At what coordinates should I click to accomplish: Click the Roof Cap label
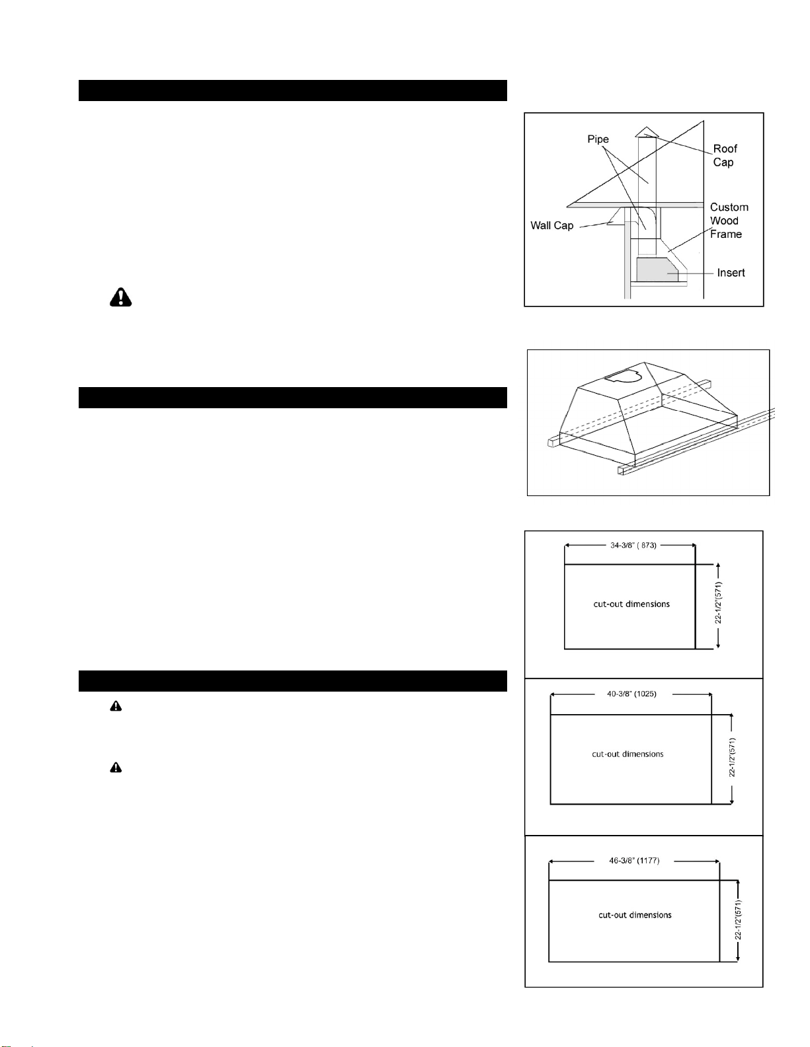pos(725,156)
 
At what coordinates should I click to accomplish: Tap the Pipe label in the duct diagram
pos(598,139)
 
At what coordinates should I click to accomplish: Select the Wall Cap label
pos(552,225)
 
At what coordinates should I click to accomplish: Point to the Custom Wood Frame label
pos(729,221)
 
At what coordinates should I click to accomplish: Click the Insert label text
pos(731,273)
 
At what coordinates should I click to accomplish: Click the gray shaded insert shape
pos(657,270)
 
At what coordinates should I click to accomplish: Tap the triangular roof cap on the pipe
pos(646,132)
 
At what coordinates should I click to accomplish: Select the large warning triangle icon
pos(120,297)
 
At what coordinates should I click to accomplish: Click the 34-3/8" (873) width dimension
pos(633,546)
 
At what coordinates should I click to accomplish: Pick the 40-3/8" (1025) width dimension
pos(631,694)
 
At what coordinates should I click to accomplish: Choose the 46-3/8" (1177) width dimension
pos(634,861)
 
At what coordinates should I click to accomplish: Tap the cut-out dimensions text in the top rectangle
pos(631,604)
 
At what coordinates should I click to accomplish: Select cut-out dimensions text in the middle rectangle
pos(628,754)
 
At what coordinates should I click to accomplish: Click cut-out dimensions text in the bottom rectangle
pos(635,915)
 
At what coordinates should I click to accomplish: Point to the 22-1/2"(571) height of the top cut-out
pos(718,602)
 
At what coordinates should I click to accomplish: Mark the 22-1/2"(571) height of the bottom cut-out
pos(738,920)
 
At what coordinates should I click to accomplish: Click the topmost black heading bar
pos(293,90)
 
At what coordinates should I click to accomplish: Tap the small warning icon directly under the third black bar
pos(116,706)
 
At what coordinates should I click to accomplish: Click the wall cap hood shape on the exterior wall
pos(616,217)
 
